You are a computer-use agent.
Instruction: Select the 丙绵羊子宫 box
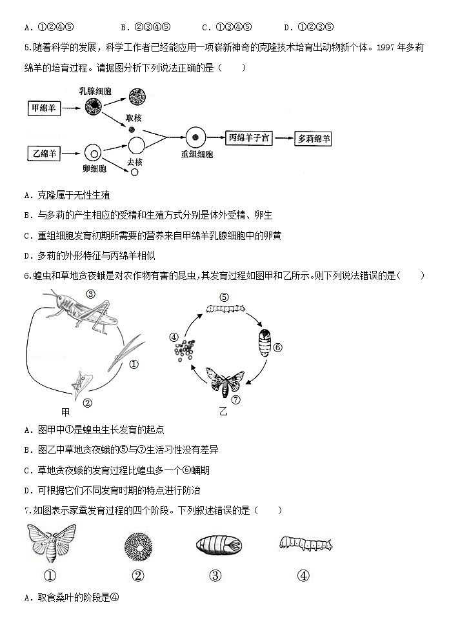pos(251,137)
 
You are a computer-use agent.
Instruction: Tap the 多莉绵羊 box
pos(313,138)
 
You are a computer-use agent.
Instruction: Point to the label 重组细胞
pos(197,155)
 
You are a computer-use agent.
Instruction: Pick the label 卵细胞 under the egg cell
pos(95,169)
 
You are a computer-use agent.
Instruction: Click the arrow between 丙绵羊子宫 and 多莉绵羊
pos(283,138)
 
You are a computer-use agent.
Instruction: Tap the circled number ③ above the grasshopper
pos(90,294)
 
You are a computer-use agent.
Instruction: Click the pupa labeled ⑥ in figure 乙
pos(264,340)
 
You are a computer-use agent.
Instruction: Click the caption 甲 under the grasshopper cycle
pos(65,411)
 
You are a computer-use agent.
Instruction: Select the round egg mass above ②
pos(137,546)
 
